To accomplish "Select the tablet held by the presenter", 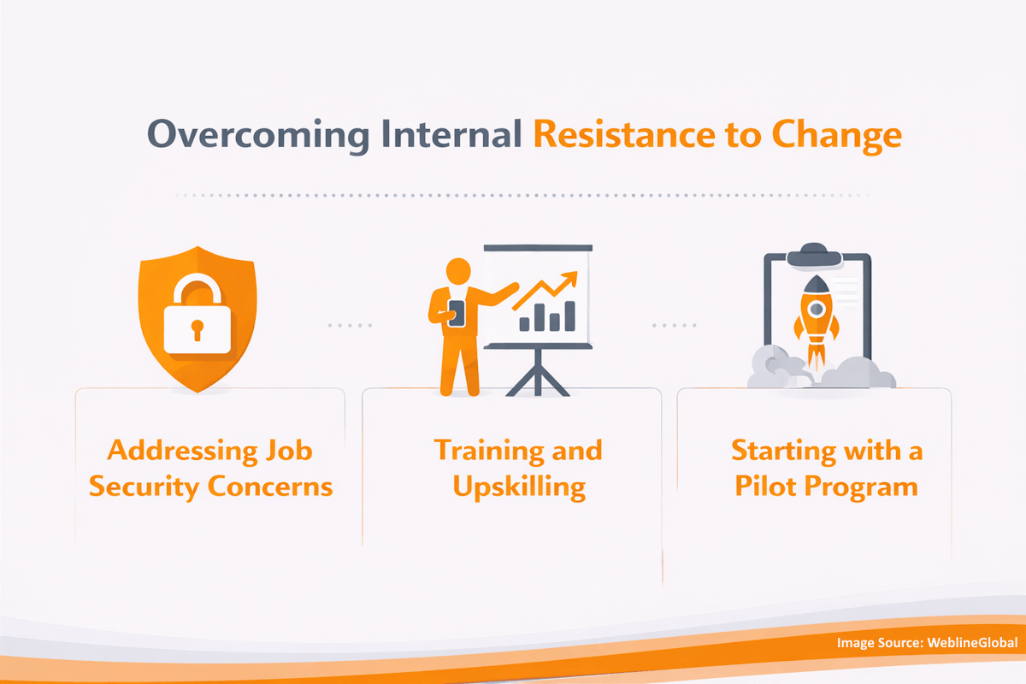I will (457, 313).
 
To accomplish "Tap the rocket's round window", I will (816, 307).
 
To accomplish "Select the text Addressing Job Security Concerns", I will (210, 469).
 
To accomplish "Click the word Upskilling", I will (519, 486).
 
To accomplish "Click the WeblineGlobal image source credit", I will (927, 643).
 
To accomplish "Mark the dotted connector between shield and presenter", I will (351, 326).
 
